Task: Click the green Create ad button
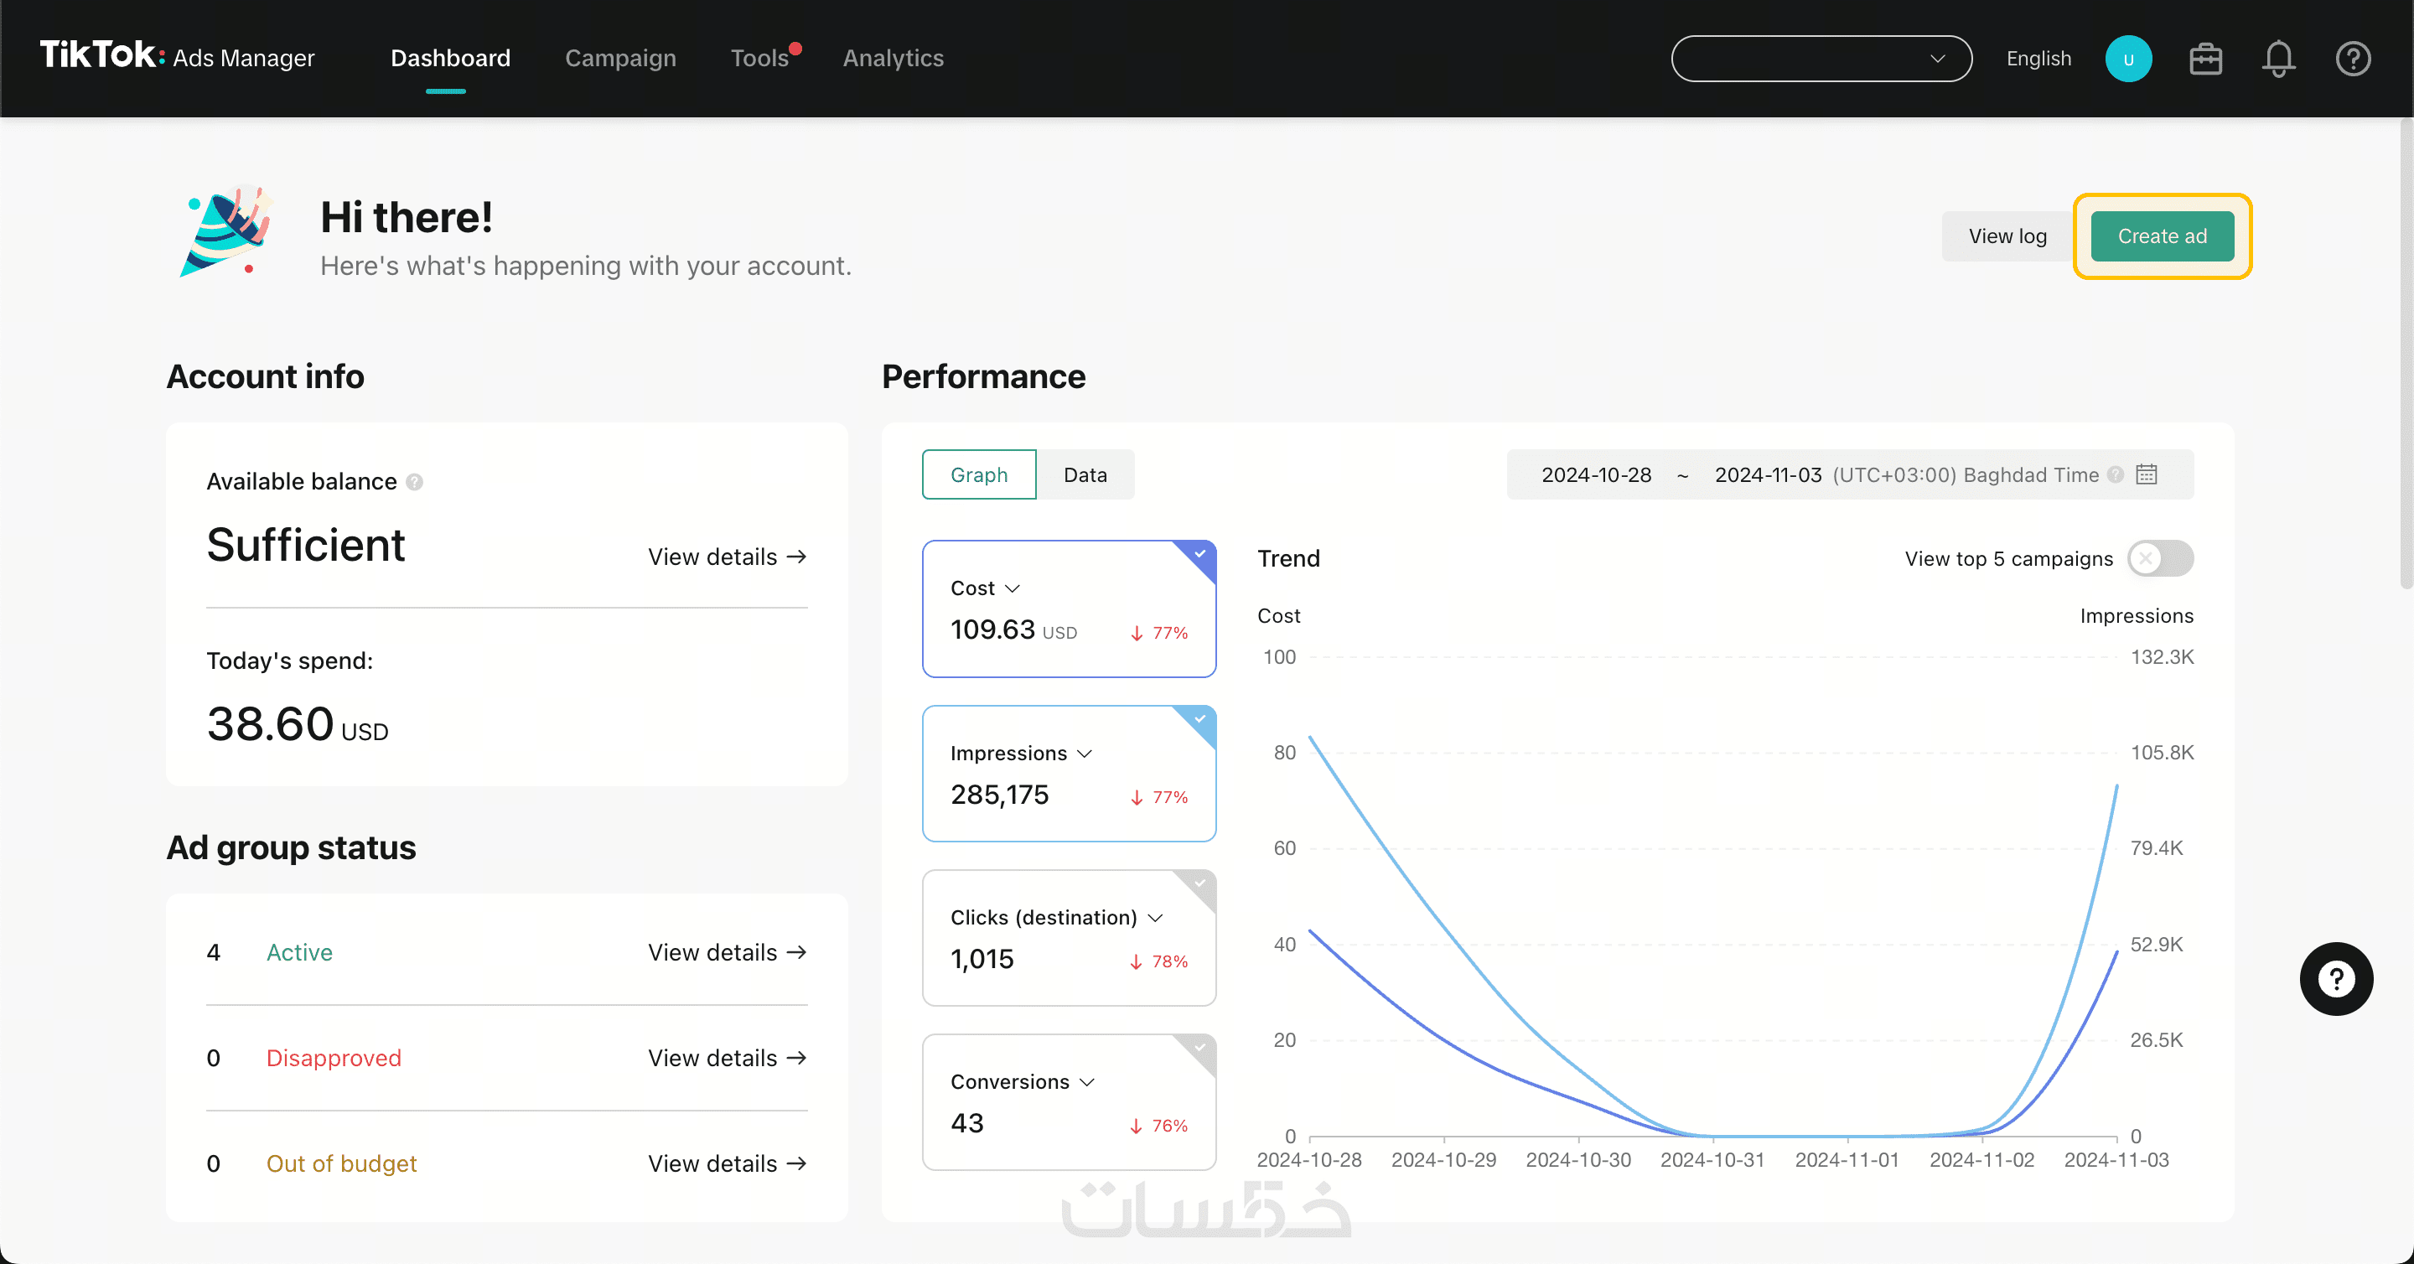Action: [2161, 236]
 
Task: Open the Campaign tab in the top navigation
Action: [619, 58]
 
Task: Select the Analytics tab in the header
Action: [892, 58]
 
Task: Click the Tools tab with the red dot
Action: [760, 58]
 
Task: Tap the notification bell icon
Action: [2277, 59]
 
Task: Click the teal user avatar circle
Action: [2127, 59]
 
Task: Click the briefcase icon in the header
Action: [2204, 59]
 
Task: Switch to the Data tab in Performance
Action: [1085, 475]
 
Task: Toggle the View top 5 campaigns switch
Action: [2159, 558]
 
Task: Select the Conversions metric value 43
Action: [966, 1122]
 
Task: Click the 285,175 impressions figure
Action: [999, 795]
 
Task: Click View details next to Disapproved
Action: [726, 1058]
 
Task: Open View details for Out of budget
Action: [726, 1163]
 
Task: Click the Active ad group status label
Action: [299, 952]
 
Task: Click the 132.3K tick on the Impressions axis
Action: [2161, 657]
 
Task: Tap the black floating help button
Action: [2335, 979]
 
